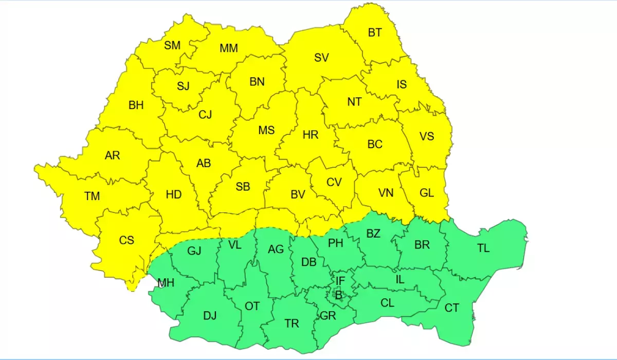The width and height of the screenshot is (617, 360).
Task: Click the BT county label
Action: [x=375, y=33]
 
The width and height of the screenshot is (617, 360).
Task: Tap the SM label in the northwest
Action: [x=172, y=45]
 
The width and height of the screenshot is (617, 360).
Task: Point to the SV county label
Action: [x=321, y=58]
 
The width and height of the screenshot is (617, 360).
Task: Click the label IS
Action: [x=402, y=84]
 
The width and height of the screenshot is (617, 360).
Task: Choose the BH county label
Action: [x=136, y=105]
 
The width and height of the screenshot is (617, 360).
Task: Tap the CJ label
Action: [x=205, y=115]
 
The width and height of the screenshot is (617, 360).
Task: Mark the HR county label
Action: [x=311, y=135]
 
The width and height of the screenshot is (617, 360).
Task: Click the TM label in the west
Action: [x=93, y=196]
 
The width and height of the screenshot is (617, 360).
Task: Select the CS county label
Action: [x=126, y=240]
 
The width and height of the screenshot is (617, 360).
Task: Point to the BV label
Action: [x=298, y=194]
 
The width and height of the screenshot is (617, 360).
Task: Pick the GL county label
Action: [x=427, y=193]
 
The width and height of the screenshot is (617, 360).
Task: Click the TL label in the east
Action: [x=483, y=248]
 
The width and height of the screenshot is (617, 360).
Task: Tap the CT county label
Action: [x=452, y=308]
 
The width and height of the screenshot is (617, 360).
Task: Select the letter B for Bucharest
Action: [x=338, y=295]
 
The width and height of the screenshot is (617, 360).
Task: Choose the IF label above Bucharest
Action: [x=340, y=281]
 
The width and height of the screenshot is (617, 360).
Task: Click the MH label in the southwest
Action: [x=166, y=283]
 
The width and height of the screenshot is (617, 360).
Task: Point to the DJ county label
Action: [x=210, y=316]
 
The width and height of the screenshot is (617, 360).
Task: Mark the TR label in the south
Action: [x=292, y=323]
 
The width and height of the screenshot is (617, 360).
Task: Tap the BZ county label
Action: [x=373, y=233]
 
